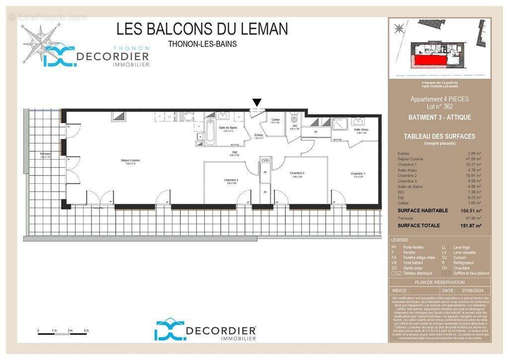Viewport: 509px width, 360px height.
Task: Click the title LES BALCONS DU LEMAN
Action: pos(202,29)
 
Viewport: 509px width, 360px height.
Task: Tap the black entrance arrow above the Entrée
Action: pos(256,102)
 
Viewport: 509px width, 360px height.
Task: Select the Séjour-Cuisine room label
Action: pos(130,161)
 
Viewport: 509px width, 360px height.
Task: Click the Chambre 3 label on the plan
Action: pos(231,180)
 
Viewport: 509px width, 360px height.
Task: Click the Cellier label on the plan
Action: pos(275,120)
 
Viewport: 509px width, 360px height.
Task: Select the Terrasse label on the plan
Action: pos(46,155)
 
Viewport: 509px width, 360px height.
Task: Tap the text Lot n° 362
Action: pos(439,107)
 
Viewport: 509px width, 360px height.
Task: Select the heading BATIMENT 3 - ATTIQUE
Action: pos(439,118)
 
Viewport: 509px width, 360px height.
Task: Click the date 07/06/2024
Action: pos(473,290)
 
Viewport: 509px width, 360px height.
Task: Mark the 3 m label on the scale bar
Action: pos(86,331)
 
